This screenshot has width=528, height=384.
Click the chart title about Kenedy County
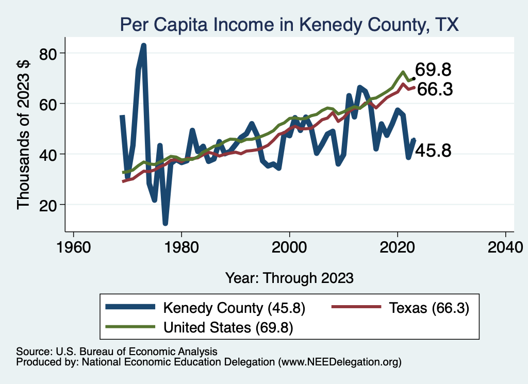[289, 24]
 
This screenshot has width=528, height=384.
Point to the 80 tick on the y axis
[48, 53]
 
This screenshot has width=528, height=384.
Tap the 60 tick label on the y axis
[48, 104]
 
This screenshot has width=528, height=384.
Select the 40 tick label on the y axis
[48, 154]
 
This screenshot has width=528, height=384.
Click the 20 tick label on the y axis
[48, 205]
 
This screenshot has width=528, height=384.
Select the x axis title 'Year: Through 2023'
[289, 278]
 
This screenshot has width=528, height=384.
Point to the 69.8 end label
[434, 69]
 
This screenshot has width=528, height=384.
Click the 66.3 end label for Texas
[435, 90]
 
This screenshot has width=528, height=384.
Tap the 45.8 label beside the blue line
[433, 151]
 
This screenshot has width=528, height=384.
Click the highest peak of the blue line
[144, 45]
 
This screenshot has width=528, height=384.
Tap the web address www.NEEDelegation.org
[339, 362]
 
